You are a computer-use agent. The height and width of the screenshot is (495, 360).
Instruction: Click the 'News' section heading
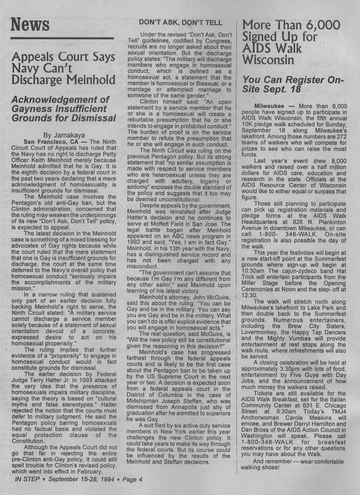(30, 24)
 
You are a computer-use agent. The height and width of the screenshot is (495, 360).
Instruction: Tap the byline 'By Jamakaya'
(64, 135)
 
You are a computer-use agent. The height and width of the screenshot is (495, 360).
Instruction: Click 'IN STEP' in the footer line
(27, 480)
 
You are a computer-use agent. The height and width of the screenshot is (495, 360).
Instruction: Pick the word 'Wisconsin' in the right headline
(268, 60)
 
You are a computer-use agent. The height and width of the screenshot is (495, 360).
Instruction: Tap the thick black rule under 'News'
(62, 39)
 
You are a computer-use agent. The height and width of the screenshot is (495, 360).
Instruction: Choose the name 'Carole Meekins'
(297, 418)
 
